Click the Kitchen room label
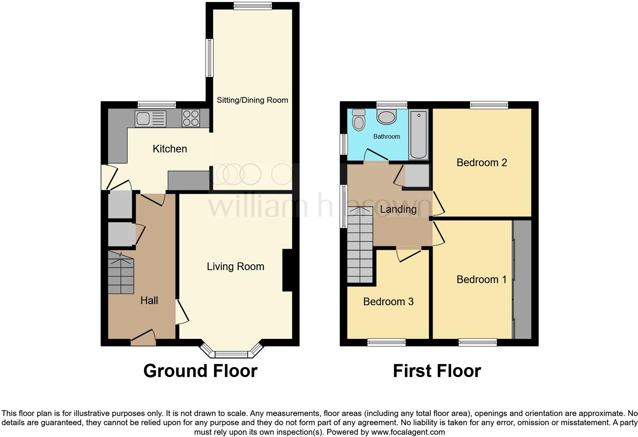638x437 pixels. [x=170, y=149]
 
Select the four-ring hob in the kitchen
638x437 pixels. [x=191, y=118]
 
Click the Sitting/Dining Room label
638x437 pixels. [x=252, y=100]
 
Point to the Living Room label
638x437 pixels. [x=235, y=267]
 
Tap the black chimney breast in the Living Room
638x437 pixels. [x=287, y=270]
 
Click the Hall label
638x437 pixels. [x=149, y=301]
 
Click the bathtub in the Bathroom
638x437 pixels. [x=419, y=134]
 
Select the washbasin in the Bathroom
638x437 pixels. [x=387, y=117]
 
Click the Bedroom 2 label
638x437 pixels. [x=482, y=163]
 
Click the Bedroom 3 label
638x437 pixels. [x=388, y=302]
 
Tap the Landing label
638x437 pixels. [x=398, y=209]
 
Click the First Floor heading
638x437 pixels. [x=437, y=371]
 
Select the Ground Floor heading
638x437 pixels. [x=200, y=371]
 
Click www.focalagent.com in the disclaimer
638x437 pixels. [x=408, y=432]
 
